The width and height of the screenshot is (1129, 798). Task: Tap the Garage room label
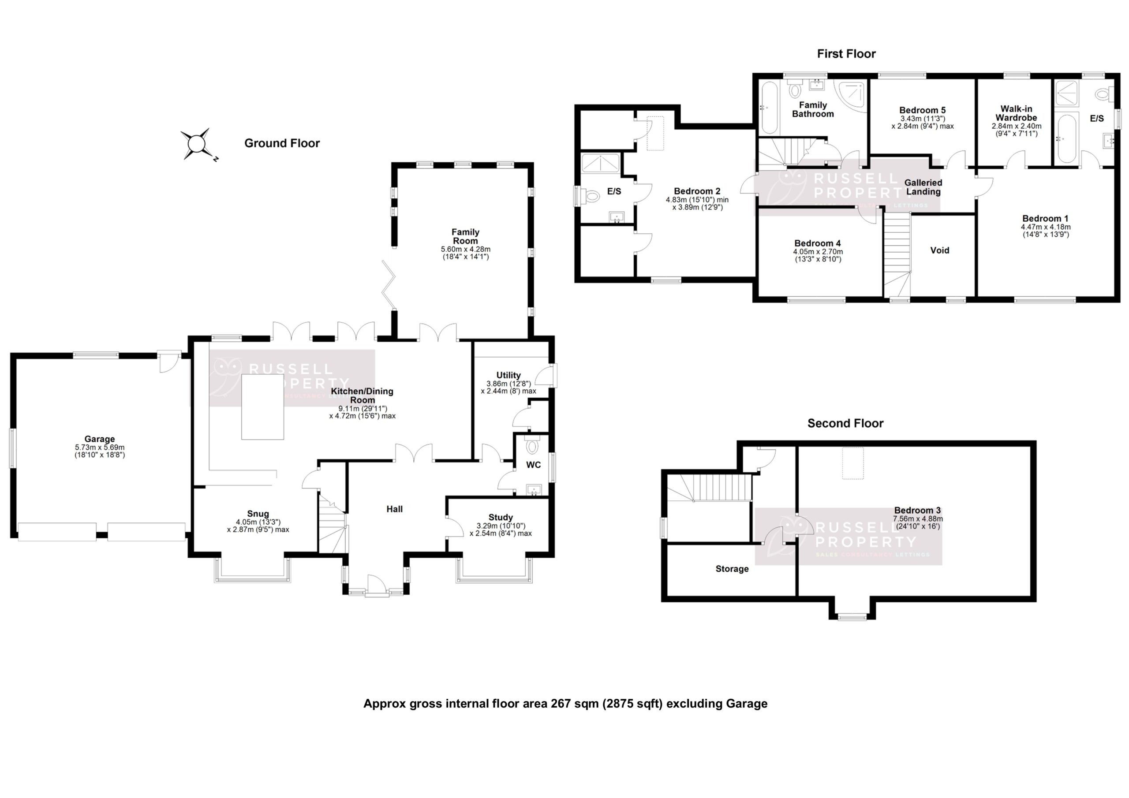(99, 439)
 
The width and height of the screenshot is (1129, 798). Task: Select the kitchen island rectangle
(262, 406)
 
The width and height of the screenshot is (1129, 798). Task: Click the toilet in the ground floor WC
(532, 447)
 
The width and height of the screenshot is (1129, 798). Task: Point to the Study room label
(501, 517)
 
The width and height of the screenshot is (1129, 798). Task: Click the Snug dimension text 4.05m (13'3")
(258, 522)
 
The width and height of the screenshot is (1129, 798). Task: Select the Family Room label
(465, 236)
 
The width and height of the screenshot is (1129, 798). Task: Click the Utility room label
(508, 375)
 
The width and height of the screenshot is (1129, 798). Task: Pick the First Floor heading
(846, 54)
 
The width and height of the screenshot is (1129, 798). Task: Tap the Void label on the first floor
(939, 250)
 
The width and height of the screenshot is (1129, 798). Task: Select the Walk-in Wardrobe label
(1016, 114)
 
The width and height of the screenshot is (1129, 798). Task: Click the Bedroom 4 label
(817, 243)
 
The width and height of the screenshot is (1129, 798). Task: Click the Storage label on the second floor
(732, 569)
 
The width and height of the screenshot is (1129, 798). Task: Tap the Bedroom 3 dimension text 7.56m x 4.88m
(918, 519)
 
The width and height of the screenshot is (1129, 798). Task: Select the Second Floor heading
(845, 423)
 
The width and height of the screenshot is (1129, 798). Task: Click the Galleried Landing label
(923, 187)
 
